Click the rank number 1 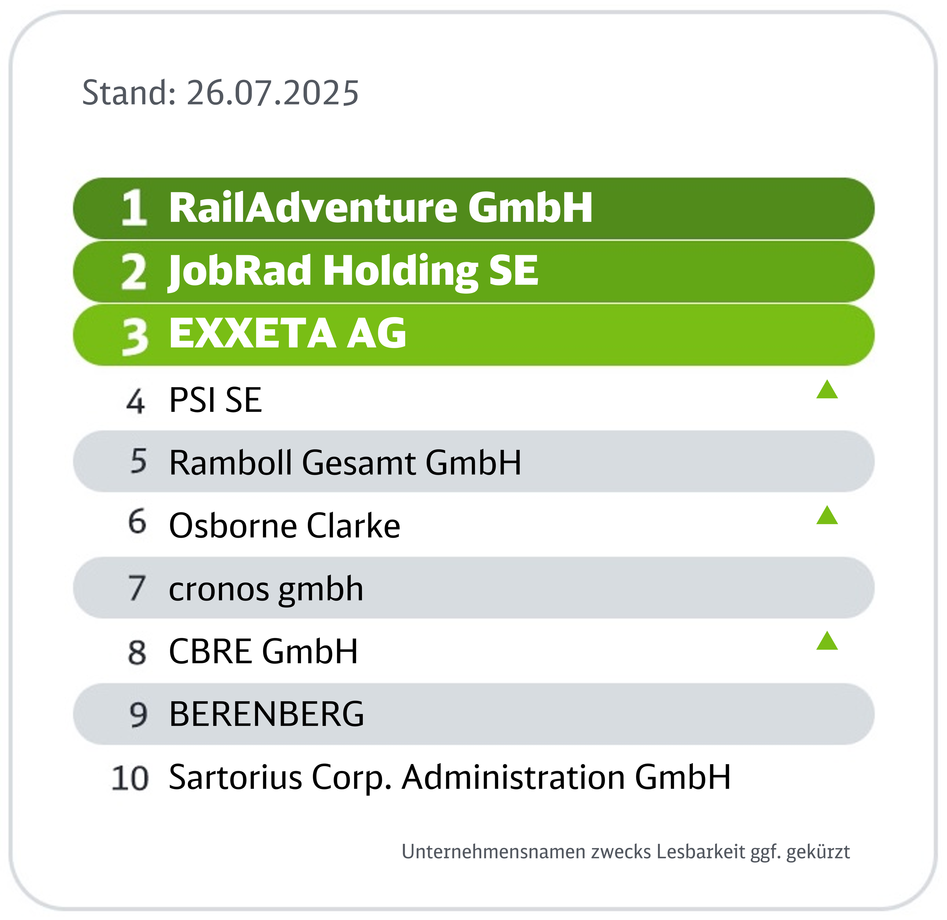(134, 208)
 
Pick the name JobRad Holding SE (353, 272)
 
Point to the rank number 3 (135, 336)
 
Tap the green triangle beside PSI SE (827, 390)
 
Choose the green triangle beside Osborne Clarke (827, 515)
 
